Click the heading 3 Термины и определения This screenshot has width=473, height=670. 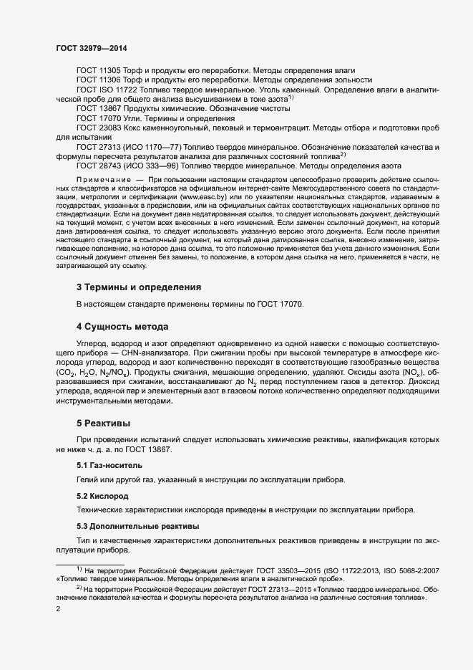coord(138,287)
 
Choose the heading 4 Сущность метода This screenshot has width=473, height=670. coord(122,327)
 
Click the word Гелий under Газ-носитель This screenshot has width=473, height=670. coord(87,479)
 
